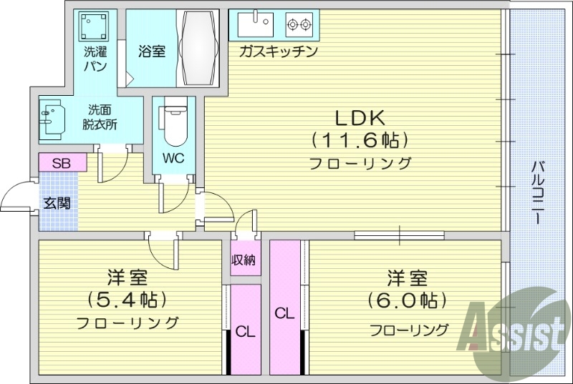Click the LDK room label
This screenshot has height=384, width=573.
[359, 117]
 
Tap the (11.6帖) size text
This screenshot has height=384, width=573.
[359, 139]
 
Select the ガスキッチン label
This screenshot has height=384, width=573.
[278, 51]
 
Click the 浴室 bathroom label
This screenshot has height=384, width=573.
[151, 51]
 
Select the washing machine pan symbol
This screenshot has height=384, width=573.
[95, 27]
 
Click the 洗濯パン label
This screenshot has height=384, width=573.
[95, 59]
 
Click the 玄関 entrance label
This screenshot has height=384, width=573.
[57, 203]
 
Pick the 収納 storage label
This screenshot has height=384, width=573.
[243, 260]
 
